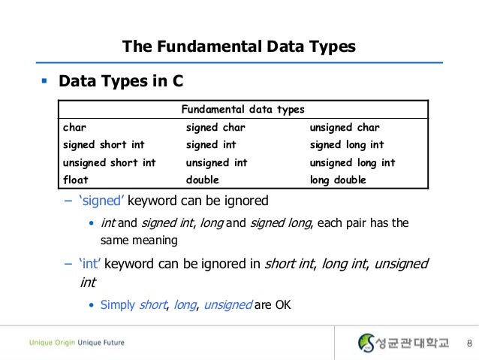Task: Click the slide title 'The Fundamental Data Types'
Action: click(x=239, y=47)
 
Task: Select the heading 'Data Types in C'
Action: click(x=120, y=80)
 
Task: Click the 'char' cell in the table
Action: click(x=74, y=127)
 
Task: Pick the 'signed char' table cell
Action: click(x=215, y=127)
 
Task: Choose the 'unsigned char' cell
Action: click(x=345, y=127)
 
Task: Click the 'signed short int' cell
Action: click(x=104, y=144)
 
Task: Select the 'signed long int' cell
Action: click(x=347, y=144)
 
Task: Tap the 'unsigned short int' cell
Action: click(x=110, y=162)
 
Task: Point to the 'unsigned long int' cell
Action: click(x=352, y=162)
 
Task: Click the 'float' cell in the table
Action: click(x=76, y=180)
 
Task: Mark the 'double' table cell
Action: click(x=203, y=180)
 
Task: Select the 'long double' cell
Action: click(x=338, y=180)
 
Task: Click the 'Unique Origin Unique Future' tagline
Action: click(x=77, y=343)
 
